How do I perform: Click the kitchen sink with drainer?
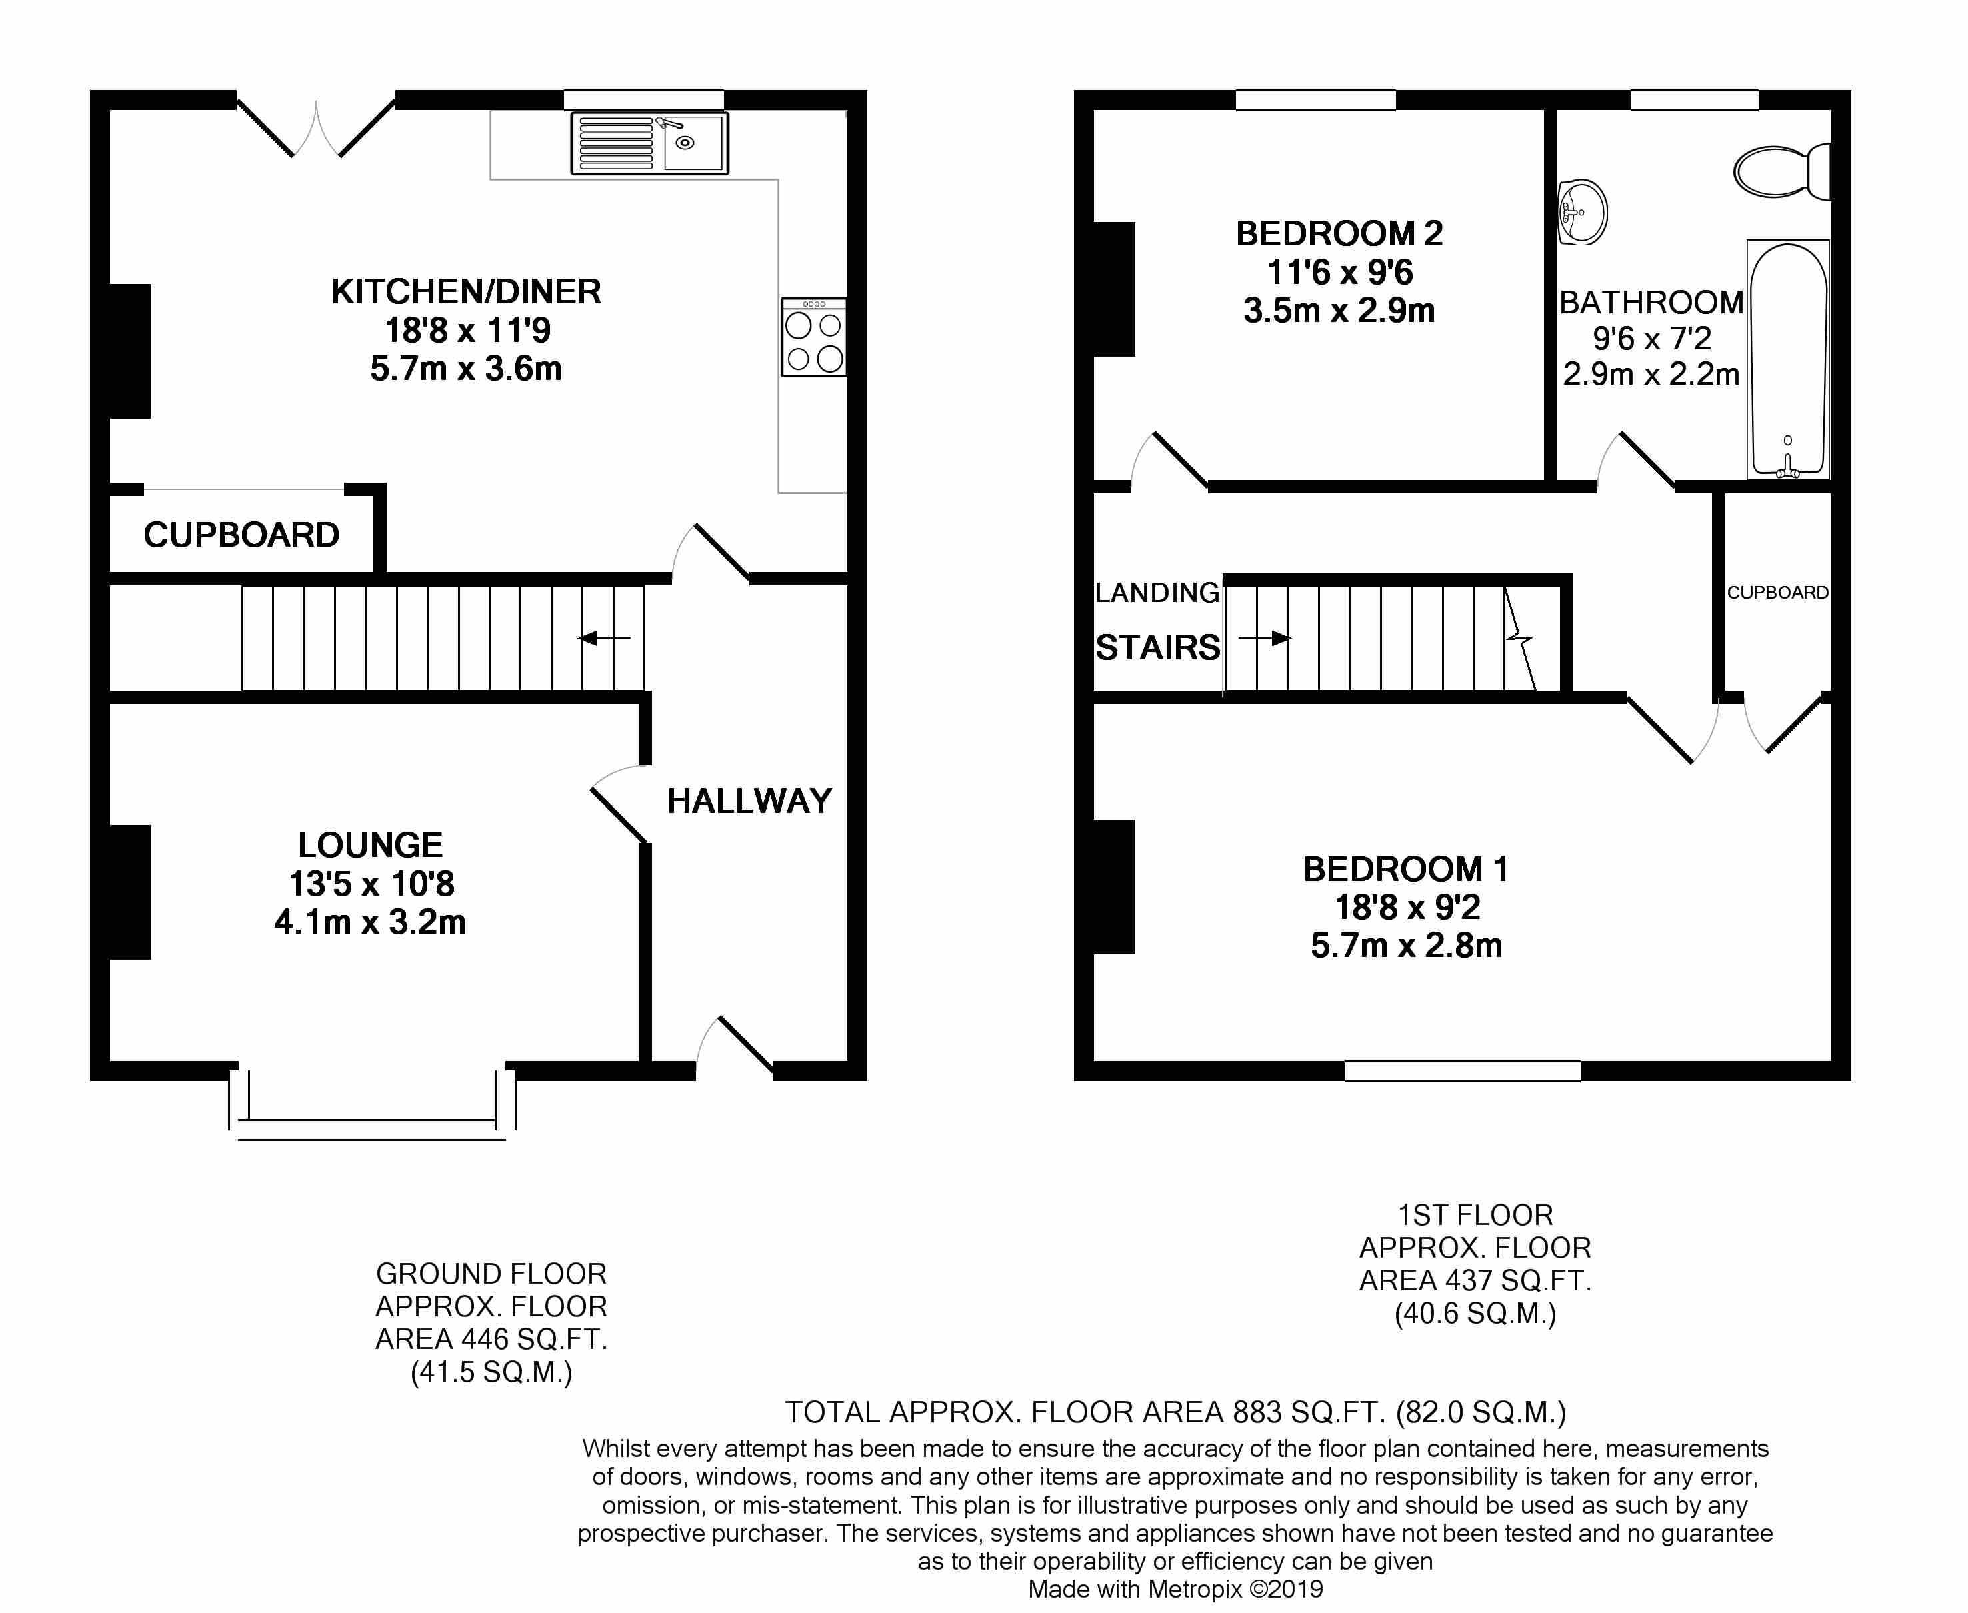649,143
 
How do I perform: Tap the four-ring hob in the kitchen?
813,337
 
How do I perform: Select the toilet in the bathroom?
1782,171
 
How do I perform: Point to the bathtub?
1788,359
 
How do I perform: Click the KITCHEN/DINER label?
466,292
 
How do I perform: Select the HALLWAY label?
749,801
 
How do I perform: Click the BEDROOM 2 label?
1339,233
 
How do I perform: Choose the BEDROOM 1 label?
1406,869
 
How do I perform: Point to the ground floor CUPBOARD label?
241,535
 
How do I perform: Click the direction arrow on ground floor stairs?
604,638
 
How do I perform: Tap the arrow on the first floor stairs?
1265,638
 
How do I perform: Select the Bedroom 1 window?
1462,1070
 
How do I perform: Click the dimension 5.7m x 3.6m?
466,369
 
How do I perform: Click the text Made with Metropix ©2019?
1175,1590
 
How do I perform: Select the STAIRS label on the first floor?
1158,647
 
